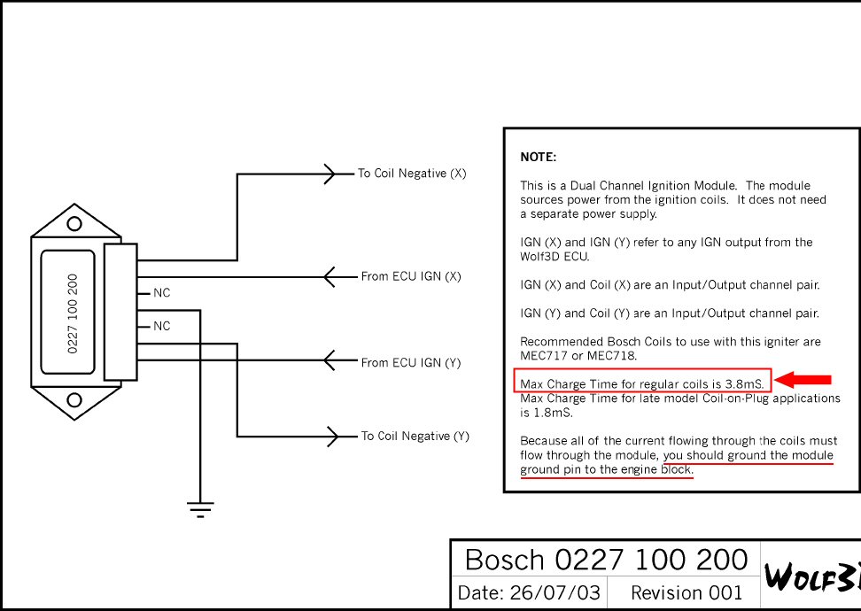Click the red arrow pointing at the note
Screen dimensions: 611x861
806,380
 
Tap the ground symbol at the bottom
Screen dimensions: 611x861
200,508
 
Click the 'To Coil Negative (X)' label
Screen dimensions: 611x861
412,174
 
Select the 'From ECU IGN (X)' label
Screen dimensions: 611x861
411,276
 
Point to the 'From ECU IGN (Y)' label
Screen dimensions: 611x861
411,362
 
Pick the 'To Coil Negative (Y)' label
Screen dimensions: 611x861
415,436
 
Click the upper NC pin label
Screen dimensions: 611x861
161,292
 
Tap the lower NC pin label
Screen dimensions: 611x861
161,326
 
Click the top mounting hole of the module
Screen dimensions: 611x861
75,224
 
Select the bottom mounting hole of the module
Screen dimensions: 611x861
75,399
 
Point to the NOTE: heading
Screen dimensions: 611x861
538,157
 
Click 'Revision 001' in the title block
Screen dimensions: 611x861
686,592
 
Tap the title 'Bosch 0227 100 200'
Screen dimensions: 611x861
607,560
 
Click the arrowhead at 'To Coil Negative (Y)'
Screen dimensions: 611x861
332,436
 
